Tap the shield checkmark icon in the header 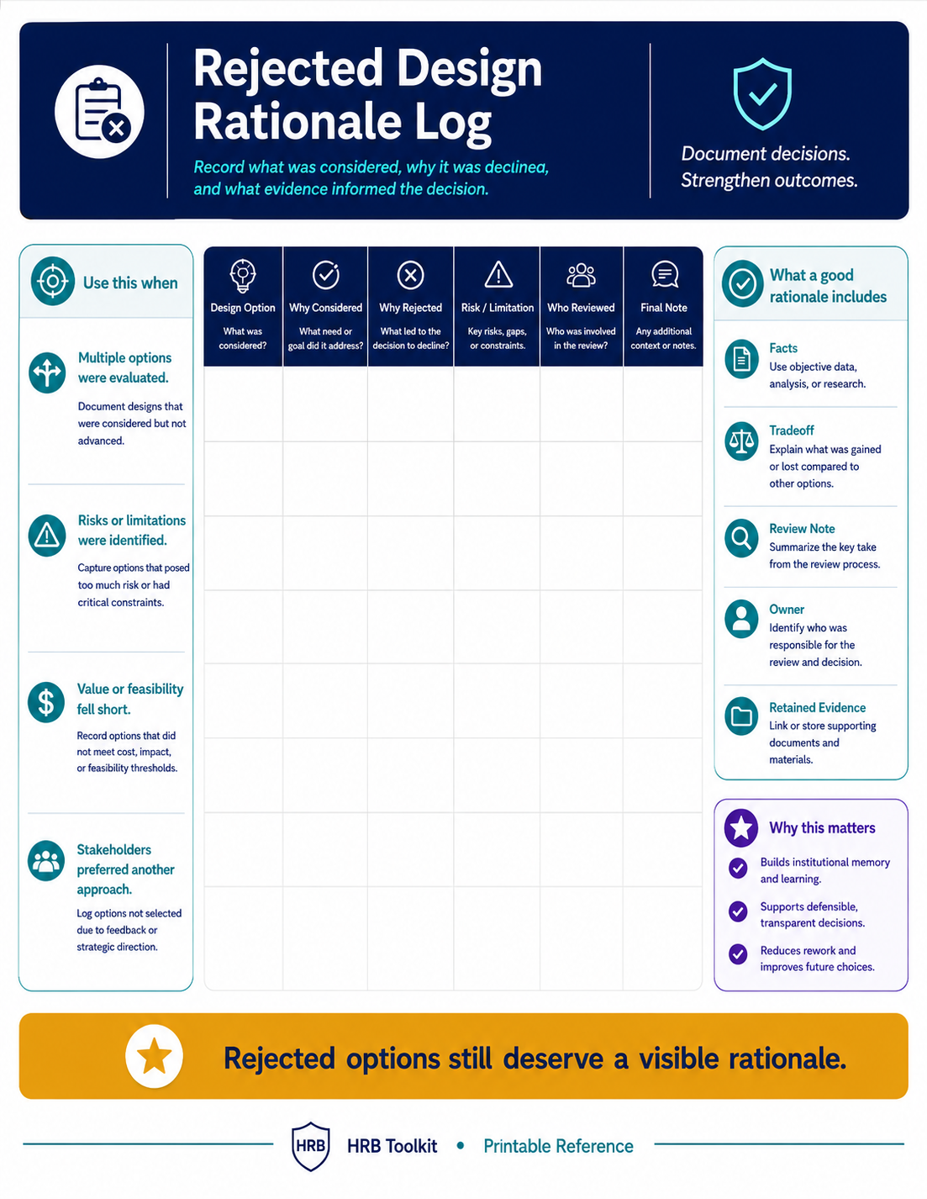pyautogui.click(x=762, y=94)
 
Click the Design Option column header pyautogui.click(x=243, y=308)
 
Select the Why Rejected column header pyautogui.click(x=410, y=308)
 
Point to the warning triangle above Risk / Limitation pyautogui.click(x=498, y=275)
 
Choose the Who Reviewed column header pyautogui.click(x=581, y=308)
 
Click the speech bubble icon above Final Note pyautogui.click(x=665, y=274)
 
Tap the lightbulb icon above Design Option pyautogui.click(x=243, y=275)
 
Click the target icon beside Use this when pyautogui.click(x=53, y=282)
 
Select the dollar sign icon pyautogui.click(x=46, y=703)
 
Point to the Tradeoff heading pyautogui.click(x=792, y=430)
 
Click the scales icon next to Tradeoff pyautogui.click(x=742, y=441)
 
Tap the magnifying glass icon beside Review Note pyautogui.click(x=742, y=538)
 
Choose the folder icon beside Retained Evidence pyautogui.click(x=742, y=716)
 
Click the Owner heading pyautogui.click(x=787, y=609)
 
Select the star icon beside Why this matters pyautogui.click(x=741, y=827)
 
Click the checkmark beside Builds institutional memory pyautogui.click(x=738, y=868)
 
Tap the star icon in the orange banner pyautogui.click(x=154, y=1056)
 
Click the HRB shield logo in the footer pyautogui.click(x=310, y=1146)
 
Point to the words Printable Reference pyautogui.click(x=558, y=1146)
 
